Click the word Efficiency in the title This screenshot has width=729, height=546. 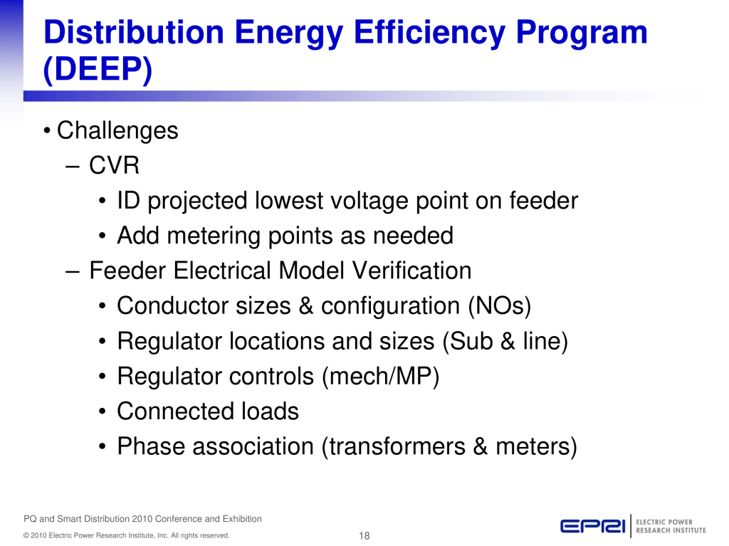click(x=429, y=33)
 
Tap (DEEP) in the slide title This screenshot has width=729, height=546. click(x=98, y=69)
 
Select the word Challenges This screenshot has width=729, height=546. click(x=117, y=131)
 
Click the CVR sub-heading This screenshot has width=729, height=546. click(x=115, y=165)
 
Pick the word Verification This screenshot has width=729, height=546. click(x=412, y=271)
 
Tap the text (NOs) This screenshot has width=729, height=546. click(x=499, y=306)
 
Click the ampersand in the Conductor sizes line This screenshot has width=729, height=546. click(x=306, y=306)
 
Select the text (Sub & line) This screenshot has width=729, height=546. click(x=505, y=341)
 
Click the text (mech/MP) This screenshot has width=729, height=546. click(x=380, y=377)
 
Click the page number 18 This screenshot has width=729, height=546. click(x=364, y=536)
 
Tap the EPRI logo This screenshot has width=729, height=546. click(x=633, y=526)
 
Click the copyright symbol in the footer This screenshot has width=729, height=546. click(x=26, y=536)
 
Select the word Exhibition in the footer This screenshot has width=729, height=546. click(x=242, y=519)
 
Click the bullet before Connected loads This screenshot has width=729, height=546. click(x=103, y=411)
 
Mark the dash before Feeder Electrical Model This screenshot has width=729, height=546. click(x=73, y=271)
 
